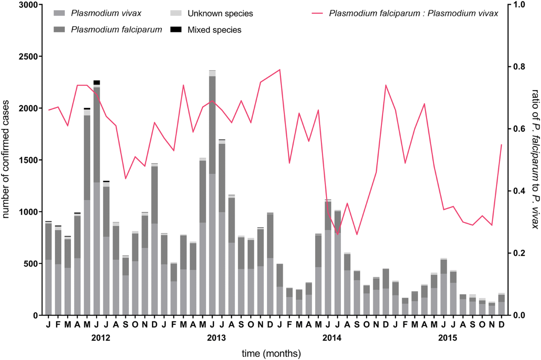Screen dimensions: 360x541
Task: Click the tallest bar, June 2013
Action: pyautogui.click(x=212, y=194)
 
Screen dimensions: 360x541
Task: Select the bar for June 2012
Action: pyautogui.click(x=96, y=198)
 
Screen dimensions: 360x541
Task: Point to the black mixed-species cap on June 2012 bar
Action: pyautogui.click(x=96, y=83)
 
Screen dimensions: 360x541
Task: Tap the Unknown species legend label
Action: pyautogui.click(x=220, y=13)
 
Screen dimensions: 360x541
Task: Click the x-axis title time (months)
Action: pyautogui.click(x=270, y=353)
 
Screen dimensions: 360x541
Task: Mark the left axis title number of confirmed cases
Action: pyautogui.click(x=7, y=160)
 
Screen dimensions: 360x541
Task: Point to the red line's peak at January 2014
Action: pyautogui.click(x=280, y=70)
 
